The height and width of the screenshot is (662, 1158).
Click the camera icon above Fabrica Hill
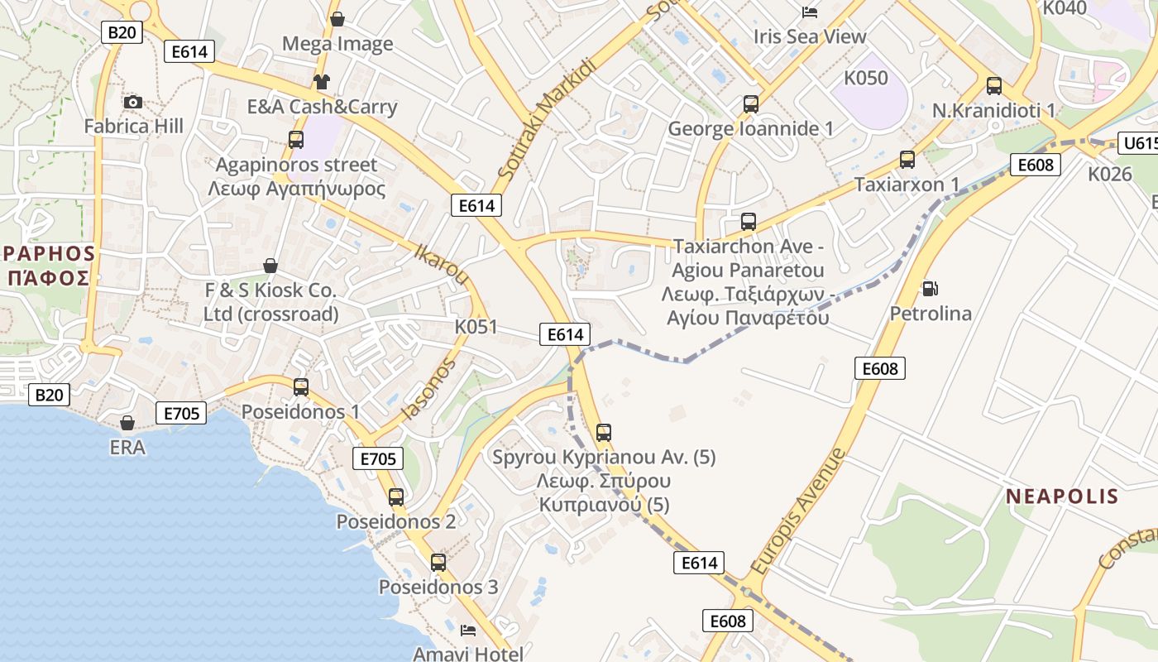(x=132, y=102)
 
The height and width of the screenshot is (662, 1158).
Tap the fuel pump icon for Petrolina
(x=931, y=289)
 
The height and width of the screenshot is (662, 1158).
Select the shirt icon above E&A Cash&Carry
(x=321, y=81)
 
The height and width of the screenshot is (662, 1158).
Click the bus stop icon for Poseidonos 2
(x=396, y=496)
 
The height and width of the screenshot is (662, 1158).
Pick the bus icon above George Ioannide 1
(x=750, y=104)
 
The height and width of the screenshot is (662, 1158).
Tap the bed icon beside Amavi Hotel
(x=468, y=630)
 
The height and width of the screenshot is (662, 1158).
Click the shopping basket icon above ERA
(x=127, y=424)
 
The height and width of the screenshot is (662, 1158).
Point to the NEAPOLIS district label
(x=1062, y=496)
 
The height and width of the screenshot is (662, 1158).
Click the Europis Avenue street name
(x=799, y=511)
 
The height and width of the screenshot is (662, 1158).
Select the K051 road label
(x=476, y=327)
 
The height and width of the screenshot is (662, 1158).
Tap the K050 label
(x=866, y=79)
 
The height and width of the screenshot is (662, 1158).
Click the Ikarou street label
(x=443, y=263)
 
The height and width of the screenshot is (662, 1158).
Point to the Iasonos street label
(x=428, y=389)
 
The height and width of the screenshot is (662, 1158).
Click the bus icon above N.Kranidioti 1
(x=993, y=85)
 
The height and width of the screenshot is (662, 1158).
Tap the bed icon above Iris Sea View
(x=810, y=12)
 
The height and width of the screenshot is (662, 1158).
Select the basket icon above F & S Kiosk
(x=270, y=266)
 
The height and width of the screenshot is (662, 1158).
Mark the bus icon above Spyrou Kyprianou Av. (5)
(x=604, y=432)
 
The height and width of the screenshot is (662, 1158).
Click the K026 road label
(x=1109, y=174)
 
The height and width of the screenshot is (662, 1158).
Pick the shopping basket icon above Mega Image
(x=337, y=19)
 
